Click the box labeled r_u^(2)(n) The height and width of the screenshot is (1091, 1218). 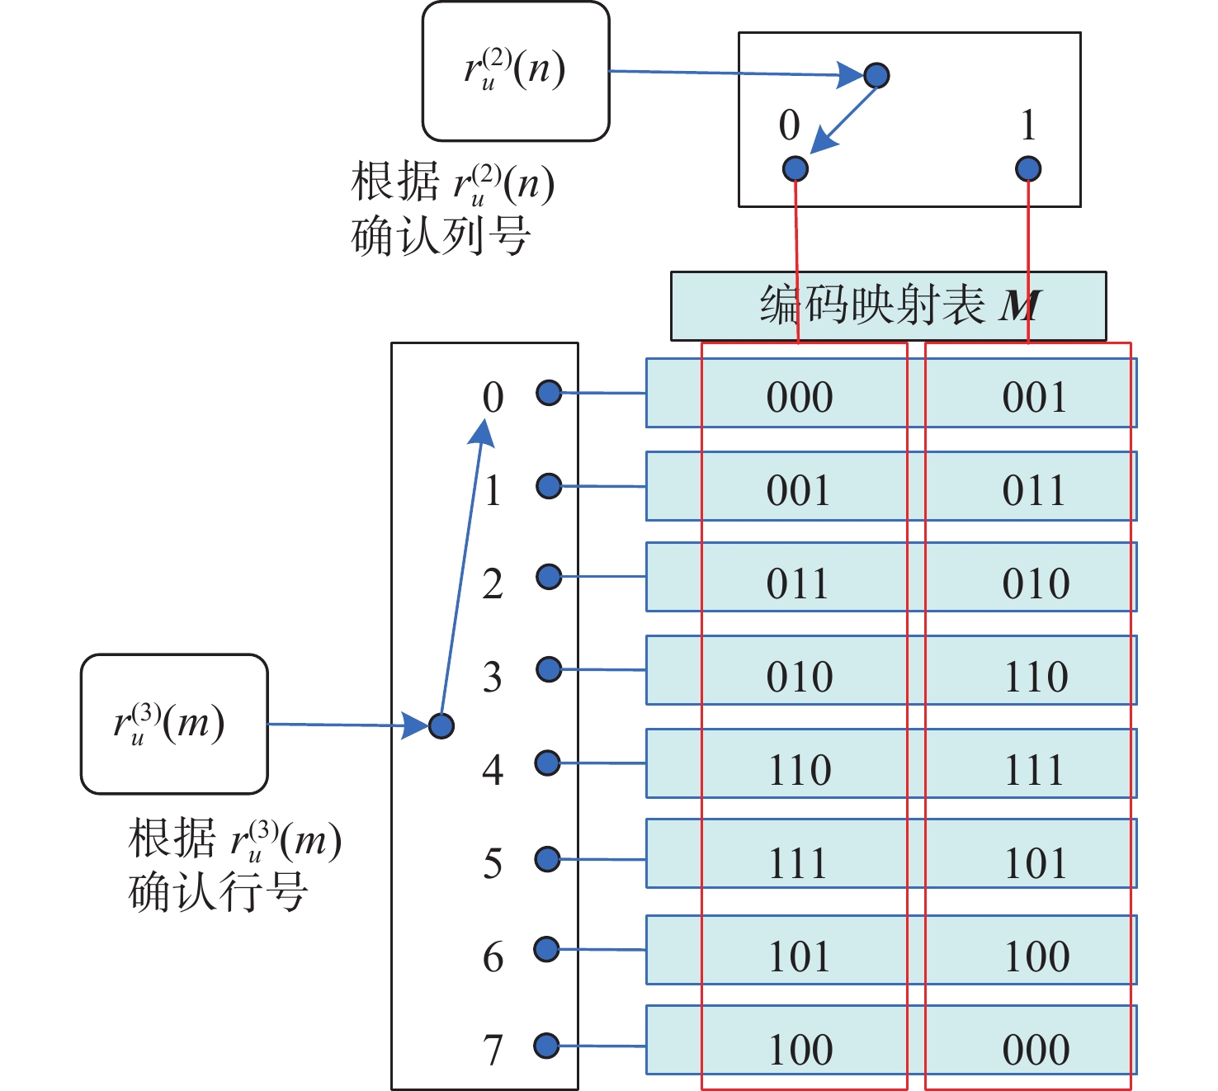pos(516,71)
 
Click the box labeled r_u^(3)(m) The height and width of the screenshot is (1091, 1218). pos(174,724)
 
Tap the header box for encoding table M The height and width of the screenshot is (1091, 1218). pos(888,305)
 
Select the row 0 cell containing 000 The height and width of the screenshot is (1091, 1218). pos(799,397)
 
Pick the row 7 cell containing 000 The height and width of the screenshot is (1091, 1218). pos(1036,1050)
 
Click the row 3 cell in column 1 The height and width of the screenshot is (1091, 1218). pos(1036,677)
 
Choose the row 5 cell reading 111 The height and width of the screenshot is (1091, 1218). pos(799,863)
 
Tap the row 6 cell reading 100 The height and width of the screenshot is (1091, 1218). pos(1036,956)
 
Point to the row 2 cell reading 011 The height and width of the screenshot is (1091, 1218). pos(799,583)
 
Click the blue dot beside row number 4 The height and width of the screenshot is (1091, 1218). pos(548,763)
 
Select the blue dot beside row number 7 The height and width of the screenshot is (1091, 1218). pos(547,1046)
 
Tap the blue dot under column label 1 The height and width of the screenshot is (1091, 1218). pos(1028,169)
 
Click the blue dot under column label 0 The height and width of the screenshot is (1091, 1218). pos(795,168)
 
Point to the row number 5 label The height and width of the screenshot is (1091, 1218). pos(493,863)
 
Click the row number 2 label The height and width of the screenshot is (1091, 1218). pos(493,583)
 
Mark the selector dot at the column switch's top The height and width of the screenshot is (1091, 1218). pos(876,75)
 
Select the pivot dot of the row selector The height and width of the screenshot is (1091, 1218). pos(441,725)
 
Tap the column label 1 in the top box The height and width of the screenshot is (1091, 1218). pos(1028,125)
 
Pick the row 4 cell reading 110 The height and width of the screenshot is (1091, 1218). pos(799,770)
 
